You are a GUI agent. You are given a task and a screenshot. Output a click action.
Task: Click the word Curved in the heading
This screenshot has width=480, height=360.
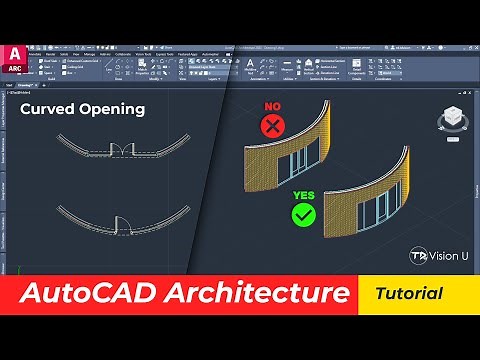tap(46, 109)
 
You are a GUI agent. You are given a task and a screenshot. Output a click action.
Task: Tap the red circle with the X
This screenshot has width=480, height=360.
tap(271, 125)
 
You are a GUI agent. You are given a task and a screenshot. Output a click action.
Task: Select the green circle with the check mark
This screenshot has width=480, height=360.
tap(304, 215)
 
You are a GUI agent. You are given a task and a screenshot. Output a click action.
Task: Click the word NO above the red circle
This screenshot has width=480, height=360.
tap(271, 105)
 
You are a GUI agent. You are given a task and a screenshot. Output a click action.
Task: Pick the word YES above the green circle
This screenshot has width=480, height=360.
tap(304, 195)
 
